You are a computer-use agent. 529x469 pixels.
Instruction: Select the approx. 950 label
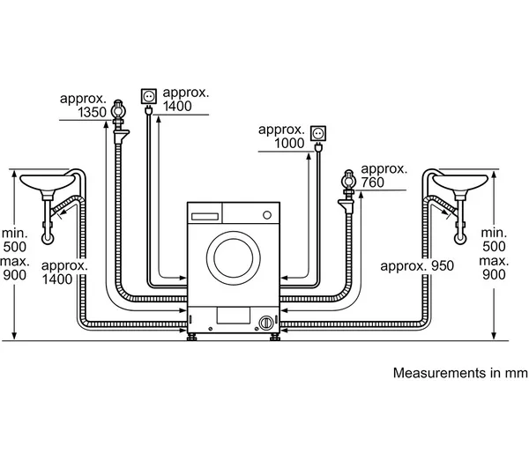414,264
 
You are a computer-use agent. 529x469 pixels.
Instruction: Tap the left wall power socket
148,95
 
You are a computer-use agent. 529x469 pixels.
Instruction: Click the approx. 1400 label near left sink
65,271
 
